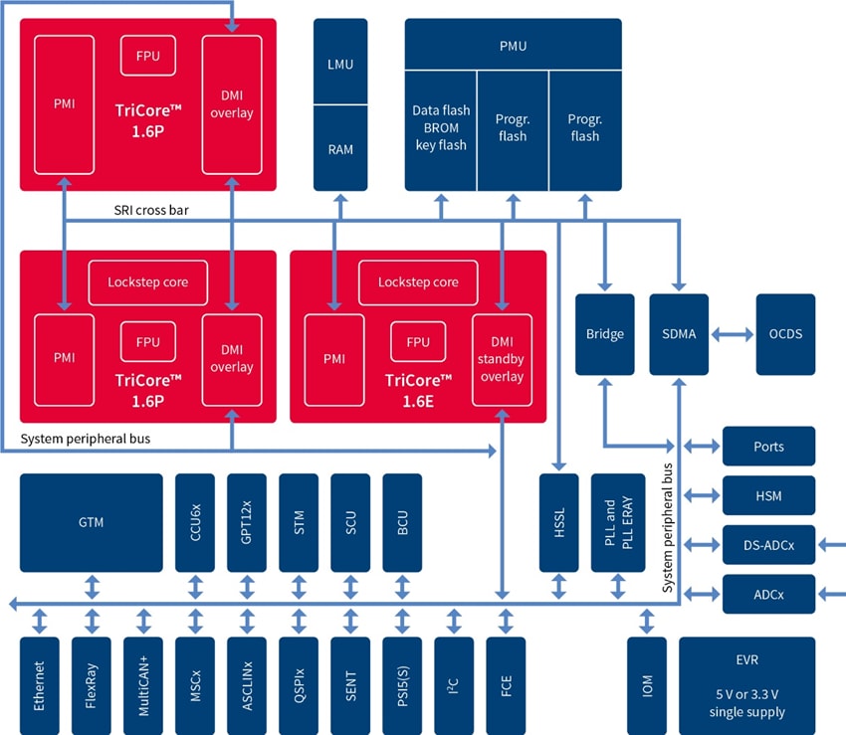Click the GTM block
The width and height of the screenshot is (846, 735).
tap(91, 522)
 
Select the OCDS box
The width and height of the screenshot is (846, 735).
tap(785, 334)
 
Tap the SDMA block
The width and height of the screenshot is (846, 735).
tap(679, 334)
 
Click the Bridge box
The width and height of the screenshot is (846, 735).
tap(604, 334)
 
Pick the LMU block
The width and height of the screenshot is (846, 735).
tap(340, 65)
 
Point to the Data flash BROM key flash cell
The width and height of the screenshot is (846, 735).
tap(440, 127)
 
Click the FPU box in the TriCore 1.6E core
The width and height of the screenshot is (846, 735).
tap(418, 342)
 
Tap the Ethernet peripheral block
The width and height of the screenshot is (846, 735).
tap(39, 685)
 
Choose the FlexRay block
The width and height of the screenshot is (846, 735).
tap(92, 685)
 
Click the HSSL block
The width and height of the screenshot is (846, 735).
tap(558, 522)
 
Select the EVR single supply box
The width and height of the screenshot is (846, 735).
tap(746, 685)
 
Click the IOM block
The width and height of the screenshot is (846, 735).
tap(647, 685)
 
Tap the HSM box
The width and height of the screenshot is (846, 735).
tap(768, 494)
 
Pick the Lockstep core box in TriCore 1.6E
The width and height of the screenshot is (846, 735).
tap(418, 282)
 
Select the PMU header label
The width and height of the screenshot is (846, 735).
tap(513, 46)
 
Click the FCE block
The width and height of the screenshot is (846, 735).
tap(506, 685)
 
